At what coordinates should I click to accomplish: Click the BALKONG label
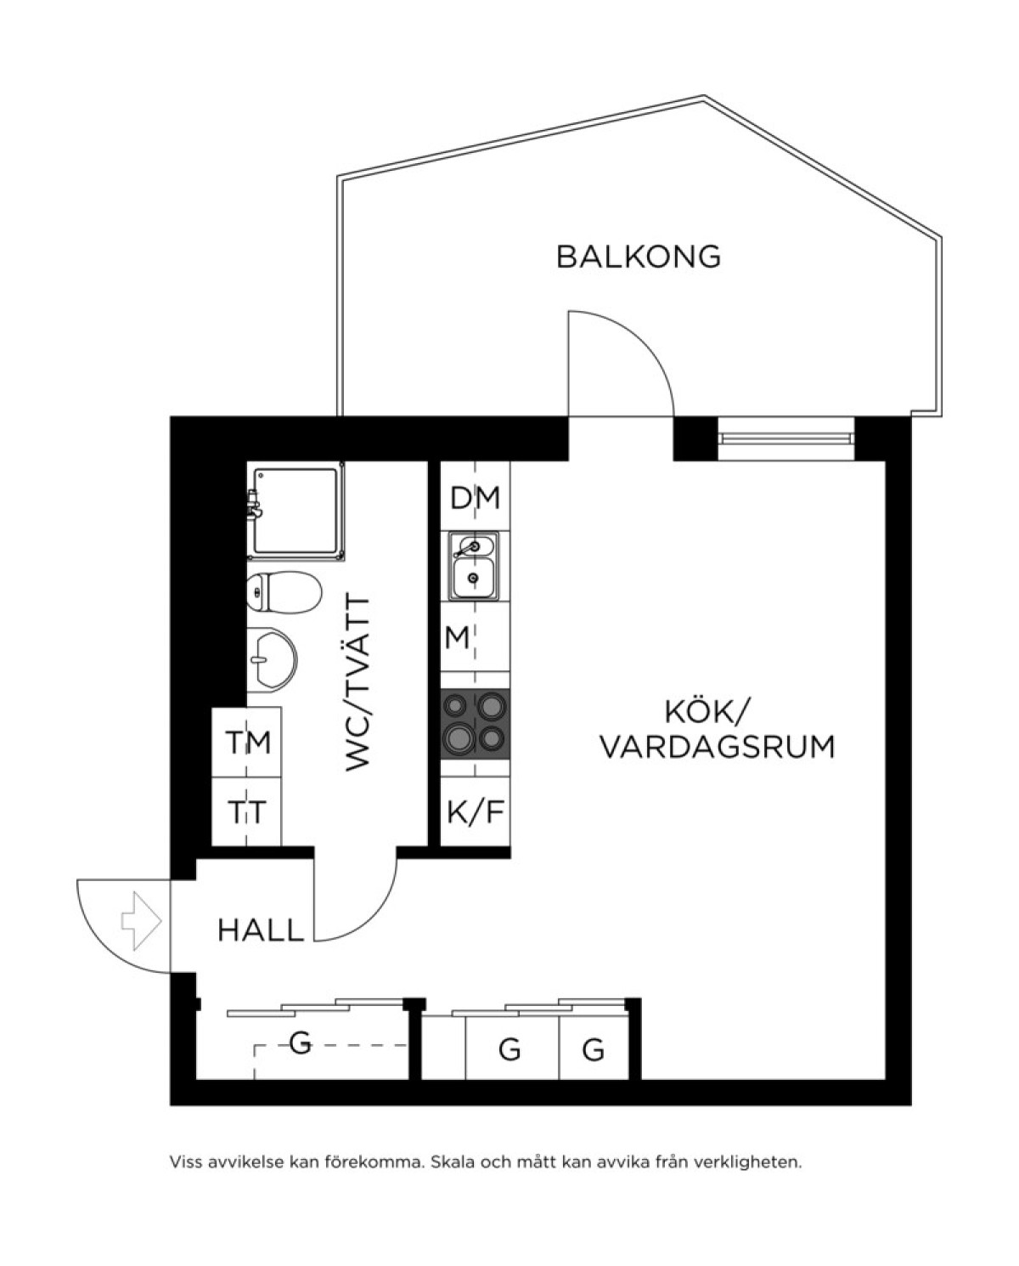point(638,257)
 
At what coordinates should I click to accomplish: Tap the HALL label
point(261,930)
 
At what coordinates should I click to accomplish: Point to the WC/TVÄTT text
point(357,683)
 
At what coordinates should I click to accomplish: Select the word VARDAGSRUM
point(718,747)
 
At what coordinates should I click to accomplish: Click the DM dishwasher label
point(475,498)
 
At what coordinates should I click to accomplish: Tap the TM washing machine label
point(248,742)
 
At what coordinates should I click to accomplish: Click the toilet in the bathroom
point(284,592)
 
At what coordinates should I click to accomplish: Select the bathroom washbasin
point(273,658)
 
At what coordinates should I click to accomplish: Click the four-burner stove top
point(476,724)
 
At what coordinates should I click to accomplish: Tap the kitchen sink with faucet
point(474,566)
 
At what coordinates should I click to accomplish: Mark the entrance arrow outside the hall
point(141,921)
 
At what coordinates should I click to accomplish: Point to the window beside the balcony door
point(785,439)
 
